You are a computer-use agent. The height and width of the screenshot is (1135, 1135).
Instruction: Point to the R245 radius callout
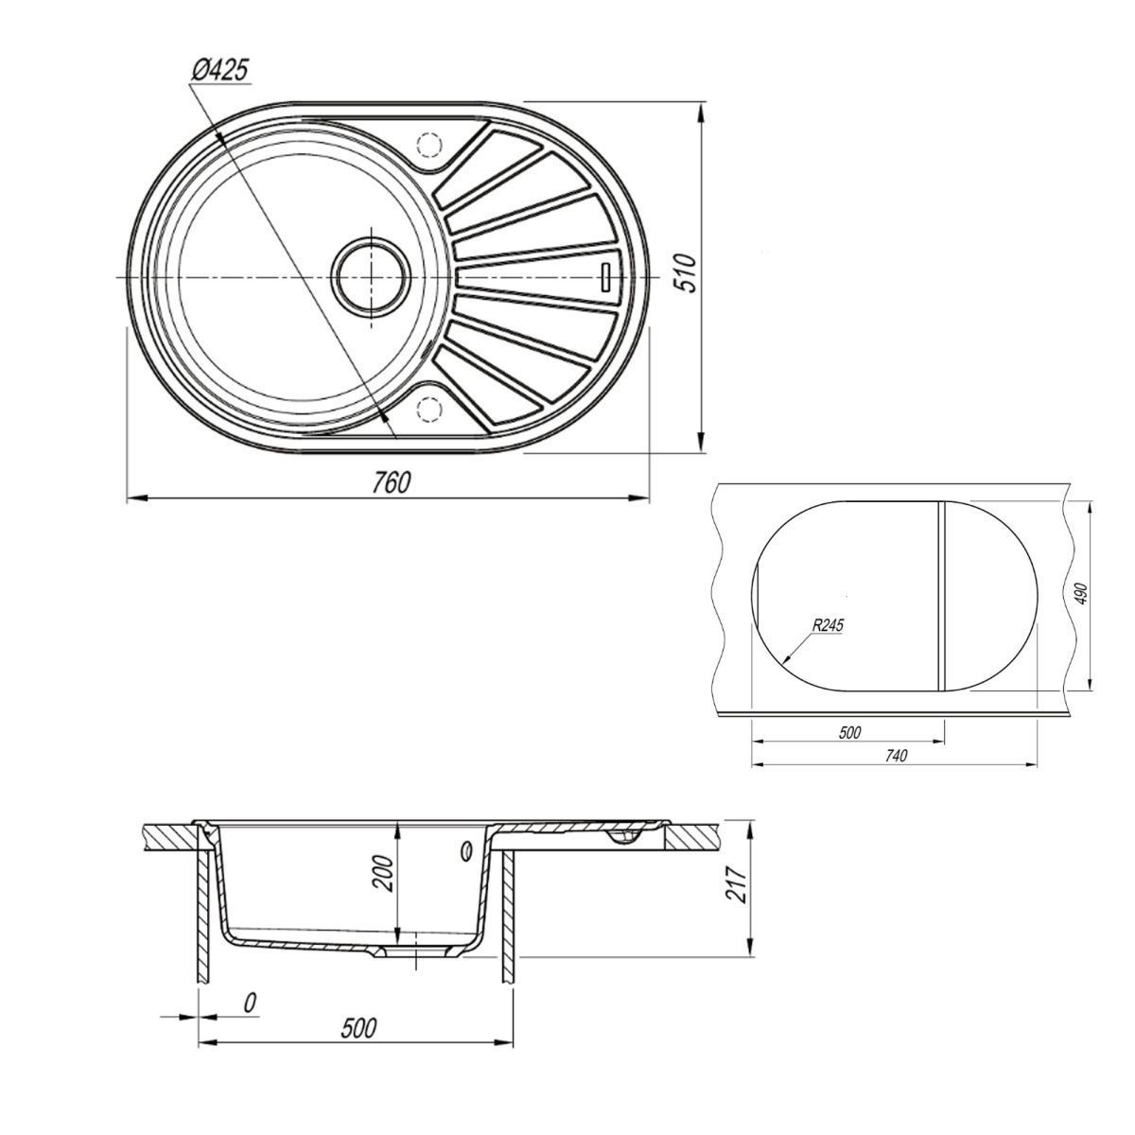pyautogui.click(x=828, y=625)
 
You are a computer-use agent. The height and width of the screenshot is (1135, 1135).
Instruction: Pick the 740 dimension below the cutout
pyautogui.click(x=896, y=756)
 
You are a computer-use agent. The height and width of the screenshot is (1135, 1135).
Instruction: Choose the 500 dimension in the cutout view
pyautogui.click(x=849, y=733)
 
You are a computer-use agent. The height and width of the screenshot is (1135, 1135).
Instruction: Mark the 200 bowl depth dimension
pyautogui.click(x=383, y=874)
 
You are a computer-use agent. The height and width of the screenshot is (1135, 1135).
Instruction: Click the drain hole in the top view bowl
pyautogui.click(x=371, y=276)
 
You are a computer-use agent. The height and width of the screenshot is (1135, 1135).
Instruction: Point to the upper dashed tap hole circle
pyautogui.click(x=428, y=144)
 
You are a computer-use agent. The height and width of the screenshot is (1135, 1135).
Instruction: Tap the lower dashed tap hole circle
pyautogui.click(x=428, y=409)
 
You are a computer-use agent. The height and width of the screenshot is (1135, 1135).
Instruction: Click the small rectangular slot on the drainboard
pyautogui.click(x=605, y=275)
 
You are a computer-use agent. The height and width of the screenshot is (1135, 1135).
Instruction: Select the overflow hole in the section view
pyautogui.click(x=465, y=850)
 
